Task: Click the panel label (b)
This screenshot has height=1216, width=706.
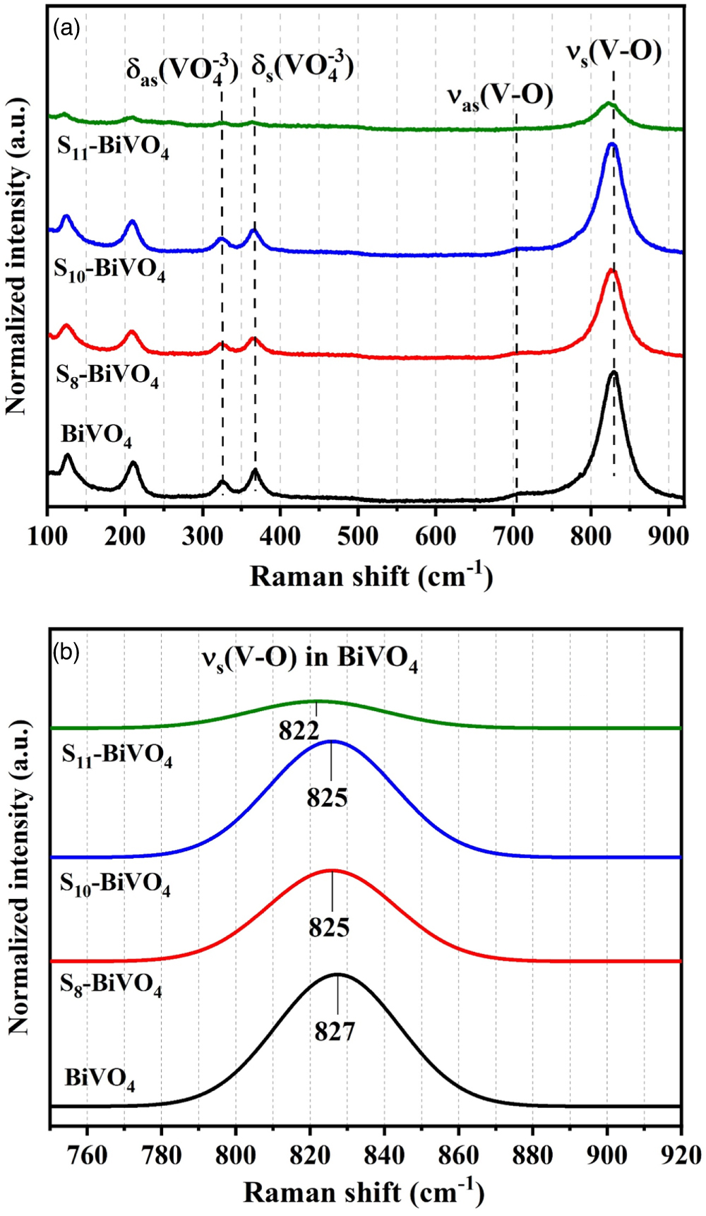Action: (66, 652)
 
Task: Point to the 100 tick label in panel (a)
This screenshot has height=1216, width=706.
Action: (47, 536)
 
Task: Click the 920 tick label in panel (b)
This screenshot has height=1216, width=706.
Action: (680, 1155)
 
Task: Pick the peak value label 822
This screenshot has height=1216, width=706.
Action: (299, 731)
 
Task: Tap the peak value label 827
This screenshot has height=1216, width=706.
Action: (335, 1032)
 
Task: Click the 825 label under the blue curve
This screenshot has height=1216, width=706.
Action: (327, 798)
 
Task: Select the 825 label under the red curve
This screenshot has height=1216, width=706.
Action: (329, 927)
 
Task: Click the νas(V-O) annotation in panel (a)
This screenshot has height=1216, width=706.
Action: (500, 97)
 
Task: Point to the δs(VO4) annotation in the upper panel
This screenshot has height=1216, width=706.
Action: (303, 68)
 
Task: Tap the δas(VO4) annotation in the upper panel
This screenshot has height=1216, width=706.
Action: (182, 71)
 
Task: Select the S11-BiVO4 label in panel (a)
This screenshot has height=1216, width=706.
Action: (113, 147)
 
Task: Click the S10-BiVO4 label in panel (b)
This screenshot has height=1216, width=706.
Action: (115, 883)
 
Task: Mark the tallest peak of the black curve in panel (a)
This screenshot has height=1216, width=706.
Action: (613, 372)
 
